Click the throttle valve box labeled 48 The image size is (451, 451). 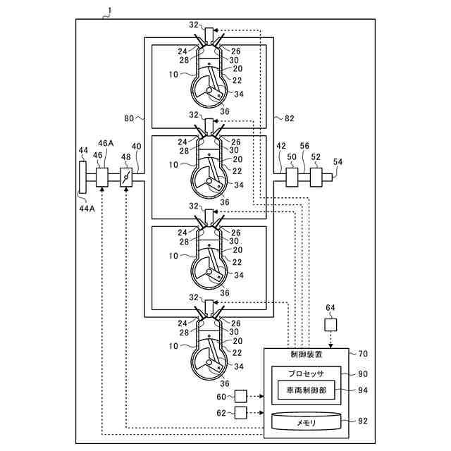(x=126, y=178)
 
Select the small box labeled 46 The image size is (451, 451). (x=102, y=177)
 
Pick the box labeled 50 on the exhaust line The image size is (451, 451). (x=292, y=176)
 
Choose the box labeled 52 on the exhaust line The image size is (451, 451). (x=316, y=176)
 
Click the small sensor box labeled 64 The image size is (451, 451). (x=330, y=326)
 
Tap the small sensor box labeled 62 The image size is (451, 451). (x=240, y=412)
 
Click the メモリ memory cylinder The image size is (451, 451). (x=306, y=421)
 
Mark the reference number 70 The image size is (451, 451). (x=362, y=354)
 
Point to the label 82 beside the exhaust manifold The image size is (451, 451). (x=290, y=119)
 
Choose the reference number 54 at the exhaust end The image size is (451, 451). (x=338, y=162)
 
